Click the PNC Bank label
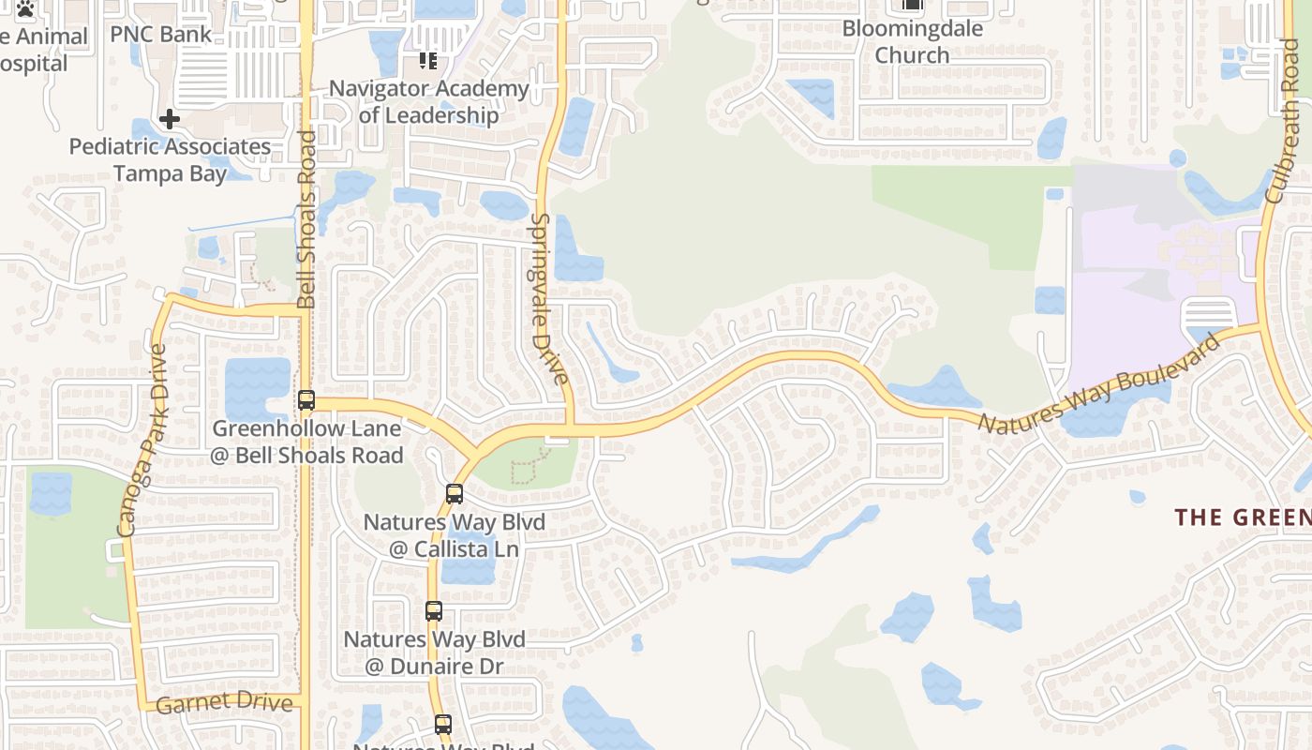click(161, 35)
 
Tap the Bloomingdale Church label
click(912, 41)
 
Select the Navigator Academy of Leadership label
click(429, 101)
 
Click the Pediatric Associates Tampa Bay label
click(170, 159)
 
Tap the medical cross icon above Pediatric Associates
click(170, 119)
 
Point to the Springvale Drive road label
click(549, 298)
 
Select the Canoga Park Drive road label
click(143, 441)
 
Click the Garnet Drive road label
click(224, 703)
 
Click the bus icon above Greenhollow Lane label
click(306, 400)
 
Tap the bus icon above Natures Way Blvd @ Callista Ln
click(455, 493)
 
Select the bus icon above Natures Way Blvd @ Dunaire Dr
click(434, 611)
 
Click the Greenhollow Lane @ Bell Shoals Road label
click(307, 442)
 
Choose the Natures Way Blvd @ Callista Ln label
click(454, 534)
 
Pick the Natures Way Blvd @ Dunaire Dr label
click(434, 652)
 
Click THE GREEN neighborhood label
click(1243, 517)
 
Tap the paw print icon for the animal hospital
click(25, 9)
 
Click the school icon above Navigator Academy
click(428, 61)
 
